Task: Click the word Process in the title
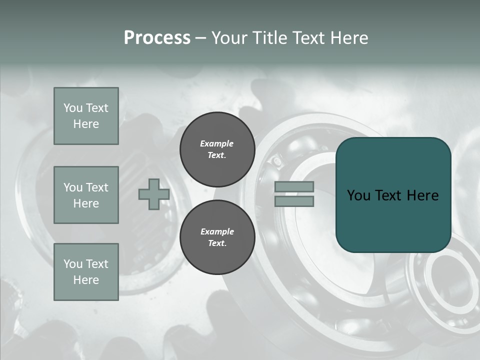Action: pos(157,38)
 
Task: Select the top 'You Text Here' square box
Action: pos(86,116)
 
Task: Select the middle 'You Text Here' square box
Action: pos(86,195)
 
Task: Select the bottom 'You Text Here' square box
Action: pos(86,272)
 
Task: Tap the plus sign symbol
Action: pos(154,194)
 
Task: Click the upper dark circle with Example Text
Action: pos(217,149)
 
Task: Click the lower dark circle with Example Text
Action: pos(217,237)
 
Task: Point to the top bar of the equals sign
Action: pos(294,186)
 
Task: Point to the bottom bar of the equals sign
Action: pos(294,201)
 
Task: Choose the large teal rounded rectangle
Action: pos(393,195)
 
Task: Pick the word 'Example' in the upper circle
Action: pos(217,143)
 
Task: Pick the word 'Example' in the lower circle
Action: pos(217,231)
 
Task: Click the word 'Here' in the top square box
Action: pos(86,124)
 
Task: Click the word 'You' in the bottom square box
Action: pos(73,264)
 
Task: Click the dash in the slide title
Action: pos(201,38)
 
